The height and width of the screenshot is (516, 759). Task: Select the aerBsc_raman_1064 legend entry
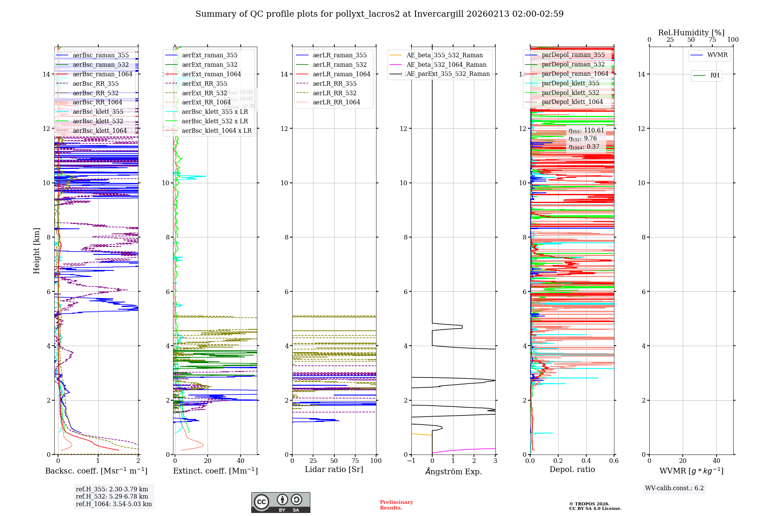[x=102, y=74]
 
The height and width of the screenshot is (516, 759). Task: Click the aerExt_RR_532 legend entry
[x=204, y=93]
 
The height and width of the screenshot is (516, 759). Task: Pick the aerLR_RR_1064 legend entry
[x=336, y=102]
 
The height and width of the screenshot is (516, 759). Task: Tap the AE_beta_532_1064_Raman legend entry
[x=446, y=64]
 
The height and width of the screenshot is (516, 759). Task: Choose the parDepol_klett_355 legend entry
[x=570, y=83]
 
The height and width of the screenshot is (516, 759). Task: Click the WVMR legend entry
[x=717, y=55]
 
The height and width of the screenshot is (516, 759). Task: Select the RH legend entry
[x=715, y=76]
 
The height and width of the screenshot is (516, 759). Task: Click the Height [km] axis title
[x=36, y=251]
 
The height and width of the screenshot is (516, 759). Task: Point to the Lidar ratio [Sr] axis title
[x=334, y=469]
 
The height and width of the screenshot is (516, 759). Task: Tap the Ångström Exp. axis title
[x=453, y=472]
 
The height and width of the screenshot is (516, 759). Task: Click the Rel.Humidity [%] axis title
[x=691, y=33]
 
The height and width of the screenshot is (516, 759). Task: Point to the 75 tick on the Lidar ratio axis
[x=355, y=461]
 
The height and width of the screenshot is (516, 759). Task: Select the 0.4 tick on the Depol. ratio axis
[x=586, y=461]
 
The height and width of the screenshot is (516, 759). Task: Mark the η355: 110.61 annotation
[x=586, y=131]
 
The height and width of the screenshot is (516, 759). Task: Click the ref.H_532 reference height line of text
[x=112, y=497]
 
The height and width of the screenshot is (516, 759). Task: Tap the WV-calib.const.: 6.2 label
[x=674, y=488]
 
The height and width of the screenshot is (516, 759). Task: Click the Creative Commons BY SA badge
[x=280, y=502]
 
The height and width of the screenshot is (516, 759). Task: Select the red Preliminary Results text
[x=396, y=505]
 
